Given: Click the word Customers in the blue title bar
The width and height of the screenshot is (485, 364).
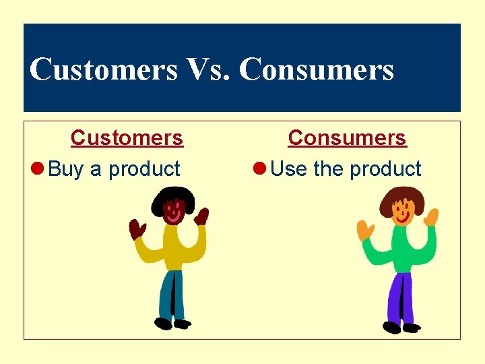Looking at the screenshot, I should pyautogui.click(x=103, y=69).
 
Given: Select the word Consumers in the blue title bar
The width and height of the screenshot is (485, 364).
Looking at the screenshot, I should pyautogui.click(x=316, y=69).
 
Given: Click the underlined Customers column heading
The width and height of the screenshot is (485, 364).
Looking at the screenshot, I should pyautogui.click(x=127, y=138).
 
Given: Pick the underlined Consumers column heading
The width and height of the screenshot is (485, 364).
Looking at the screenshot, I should pyautogui.click(x=347, y=138).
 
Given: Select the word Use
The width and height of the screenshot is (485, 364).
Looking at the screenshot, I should pyautogui.click(x=288, y=169).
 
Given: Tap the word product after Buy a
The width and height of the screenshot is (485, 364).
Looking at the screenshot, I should pyautogui.click(x=144, y=169).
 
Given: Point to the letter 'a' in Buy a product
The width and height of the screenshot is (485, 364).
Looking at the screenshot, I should pyautogui.click(x=96, y=170).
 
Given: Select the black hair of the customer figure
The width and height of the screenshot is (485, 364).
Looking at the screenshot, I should pyautogui.click(x=173, y=197).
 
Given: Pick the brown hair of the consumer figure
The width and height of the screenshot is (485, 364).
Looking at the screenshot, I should pyautogui.click(x=401, y=197).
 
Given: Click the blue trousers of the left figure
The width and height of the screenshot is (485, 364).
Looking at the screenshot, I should pyautogui.click(x=172, y=293).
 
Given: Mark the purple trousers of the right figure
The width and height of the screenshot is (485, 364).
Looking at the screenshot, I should pyautogui.click(x=400, y=297).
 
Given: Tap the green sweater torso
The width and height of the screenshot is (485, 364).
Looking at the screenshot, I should pyautogui.click(x=401, y=249).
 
